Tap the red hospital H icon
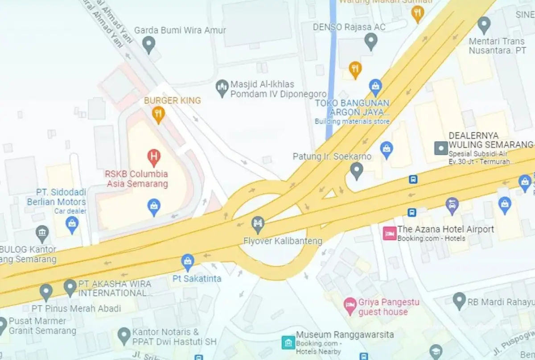point(154,157)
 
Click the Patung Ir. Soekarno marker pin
point(356,170)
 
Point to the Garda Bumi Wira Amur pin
point(148,43)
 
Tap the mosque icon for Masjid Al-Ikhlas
point(222,88)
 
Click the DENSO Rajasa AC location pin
point(371,41)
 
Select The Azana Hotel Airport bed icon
point(390,233)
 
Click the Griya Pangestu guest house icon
point(350,305)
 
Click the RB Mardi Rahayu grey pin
point(459,301)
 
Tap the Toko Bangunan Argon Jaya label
point(352,108)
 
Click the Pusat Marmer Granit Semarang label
point(38,326)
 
